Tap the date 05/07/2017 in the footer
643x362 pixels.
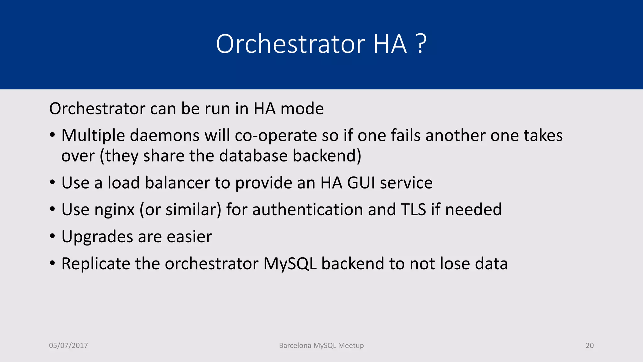68,345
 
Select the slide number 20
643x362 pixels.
590,345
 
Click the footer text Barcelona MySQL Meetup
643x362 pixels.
321,345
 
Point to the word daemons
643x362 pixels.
165,136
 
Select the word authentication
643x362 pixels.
307,210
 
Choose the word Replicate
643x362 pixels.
95,264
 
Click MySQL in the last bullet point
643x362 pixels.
290,264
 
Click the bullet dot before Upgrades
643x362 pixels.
52,236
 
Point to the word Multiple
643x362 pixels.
93,136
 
